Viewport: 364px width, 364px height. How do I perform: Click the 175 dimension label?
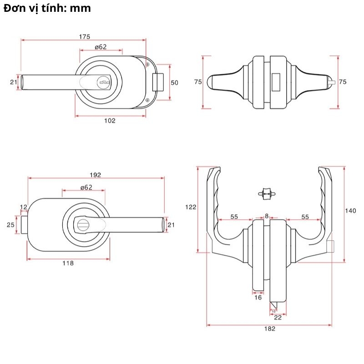click(84, 36)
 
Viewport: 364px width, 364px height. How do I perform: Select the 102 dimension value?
click(110, 121)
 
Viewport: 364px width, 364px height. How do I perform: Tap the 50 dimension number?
click(175, 82)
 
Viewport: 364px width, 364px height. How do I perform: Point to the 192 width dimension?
click(96, 175)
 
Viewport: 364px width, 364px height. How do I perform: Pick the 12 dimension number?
click(24, 207)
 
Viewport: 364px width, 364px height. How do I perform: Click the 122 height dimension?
click(191, 207)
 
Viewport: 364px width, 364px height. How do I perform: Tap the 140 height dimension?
click(350, 210)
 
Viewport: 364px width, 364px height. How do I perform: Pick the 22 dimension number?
click(278, 318)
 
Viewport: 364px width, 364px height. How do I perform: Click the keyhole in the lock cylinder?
click(104, 83)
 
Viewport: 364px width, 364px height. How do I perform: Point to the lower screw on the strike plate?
click(148, 100)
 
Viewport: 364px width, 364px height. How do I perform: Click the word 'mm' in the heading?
click(81, 8)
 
